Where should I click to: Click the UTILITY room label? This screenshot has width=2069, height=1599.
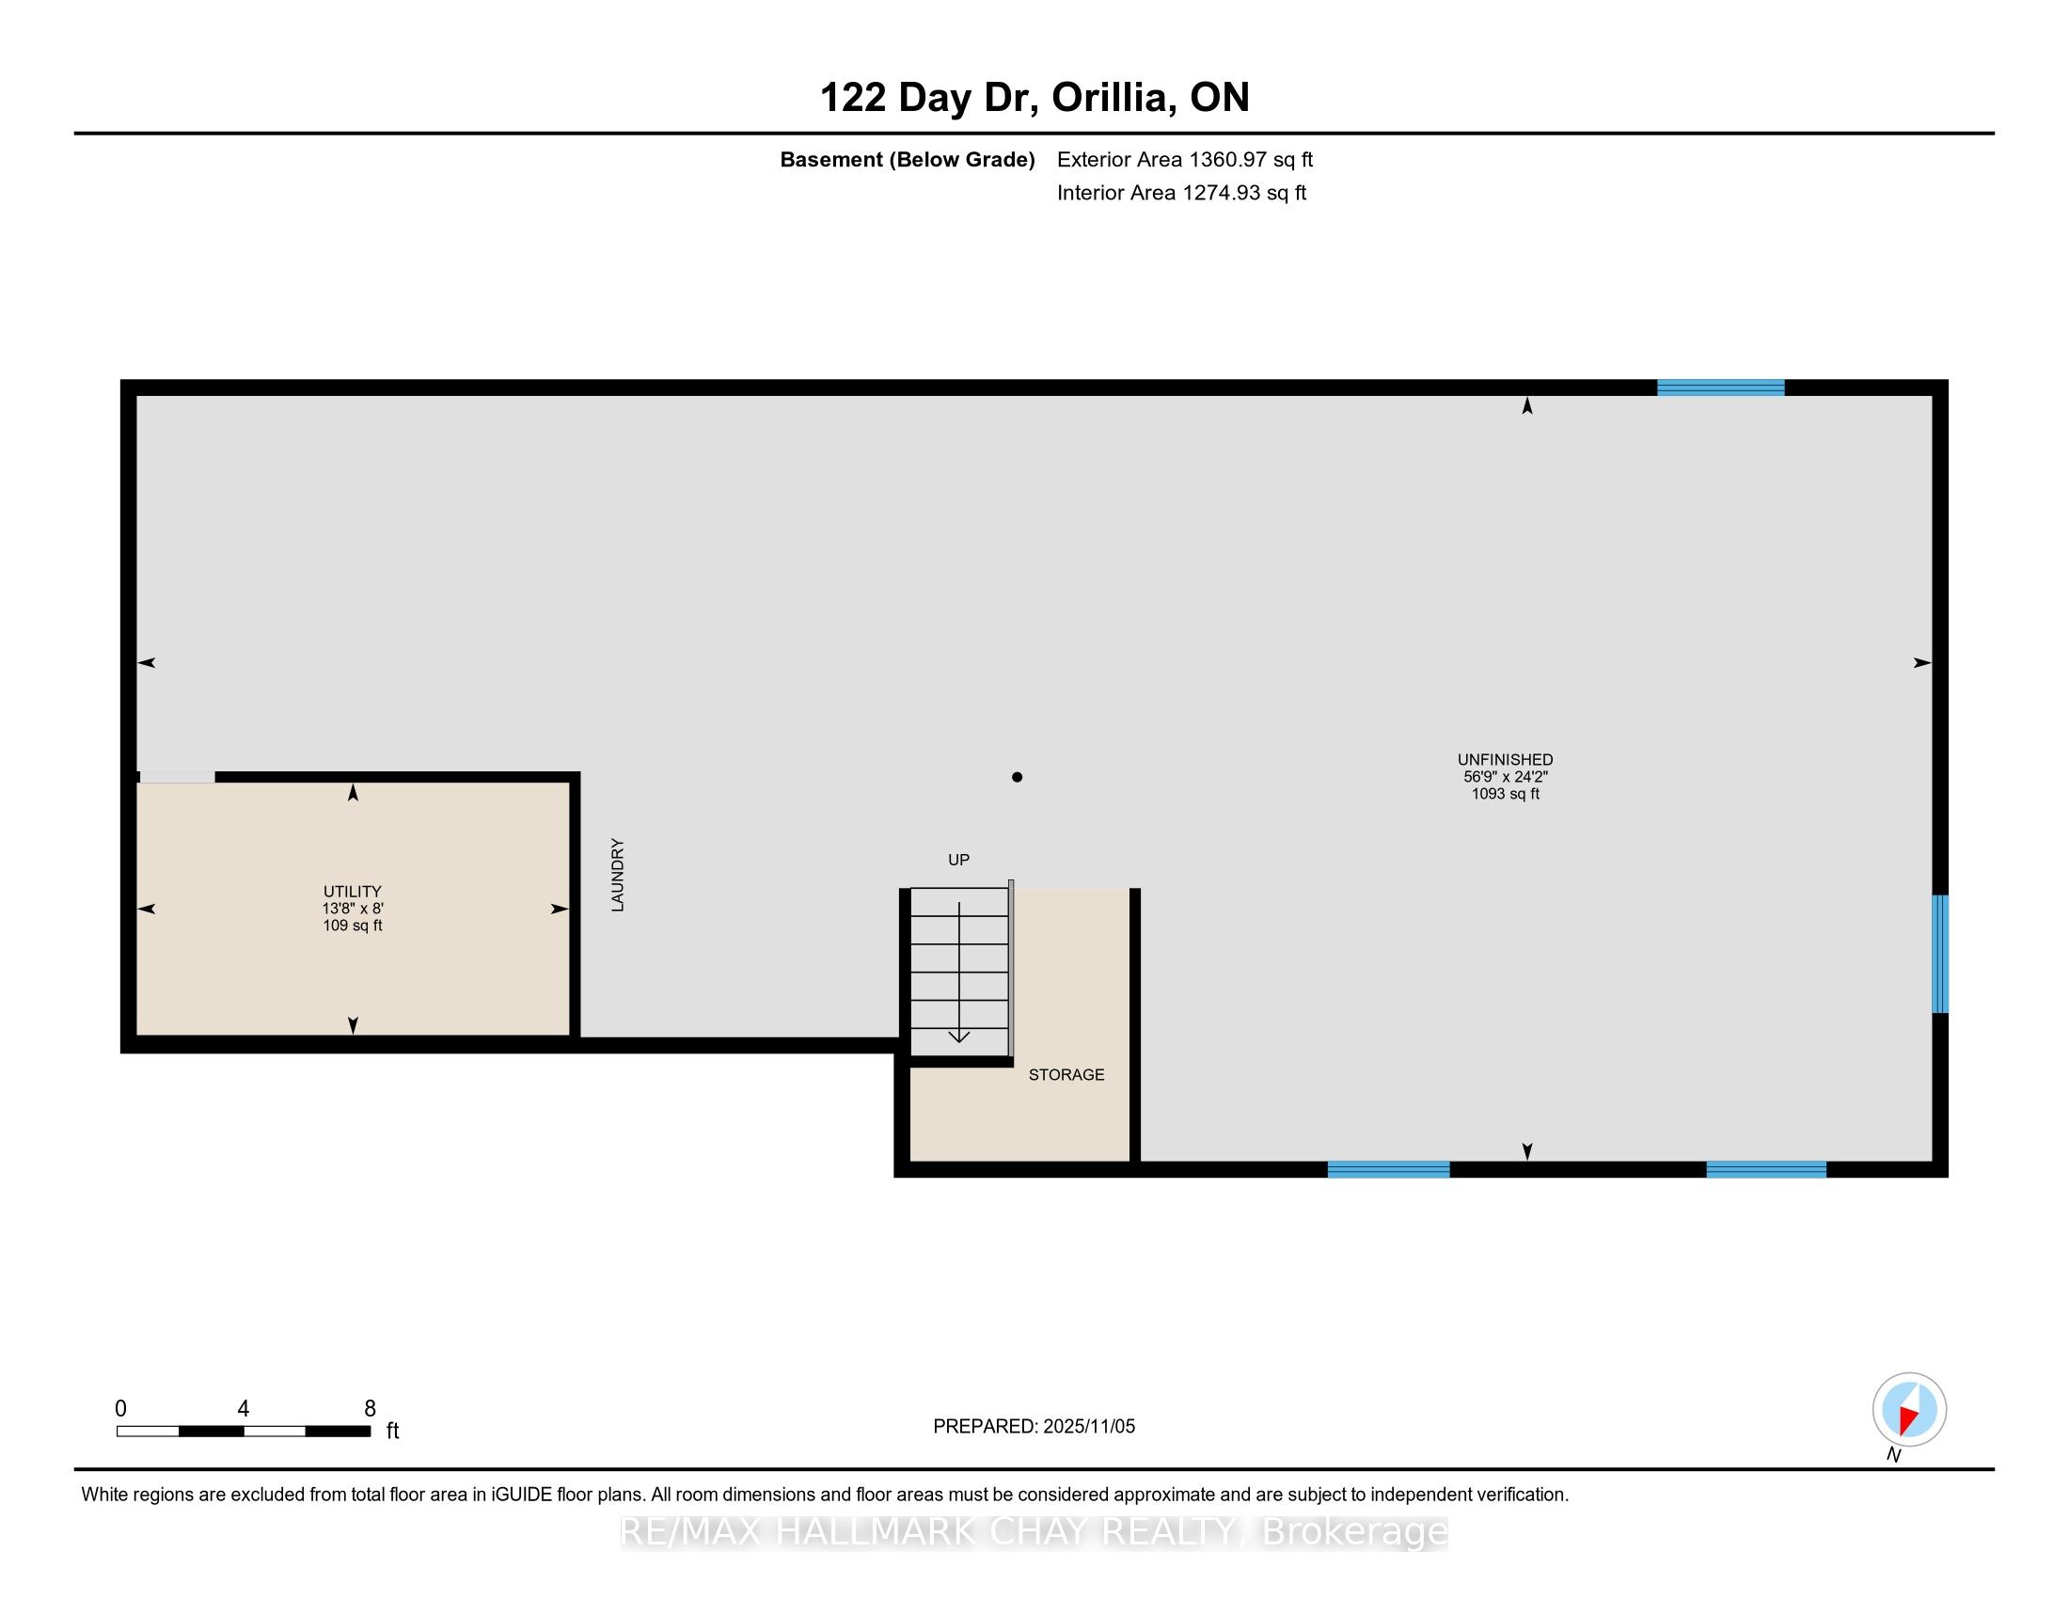click(353, 892)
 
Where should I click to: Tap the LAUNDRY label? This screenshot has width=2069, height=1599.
click(618, 876)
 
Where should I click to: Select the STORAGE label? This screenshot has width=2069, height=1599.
click(1066, 1074)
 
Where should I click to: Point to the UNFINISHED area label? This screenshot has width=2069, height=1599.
click(1506, 760)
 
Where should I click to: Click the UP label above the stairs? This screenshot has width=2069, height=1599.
click(958, 860)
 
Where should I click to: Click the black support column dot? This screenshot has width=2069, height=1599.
click(1017, 777)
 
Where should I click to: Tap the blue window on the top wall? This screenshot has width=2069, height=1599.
click(1720, 388)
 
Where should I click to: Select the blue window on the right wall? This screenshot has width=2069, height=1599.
click(1940, 954)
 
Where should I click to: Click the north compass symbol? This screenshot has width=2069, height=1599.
click(1909, 1410)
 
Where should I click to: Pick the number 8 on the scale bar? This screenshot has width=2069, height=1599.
click(371, 1409)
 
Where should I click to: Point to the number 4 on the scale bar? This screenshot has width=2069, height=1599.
click(244, 1409)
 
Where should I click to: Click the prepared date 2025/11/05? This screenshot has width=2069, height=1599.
click(1088, 1427)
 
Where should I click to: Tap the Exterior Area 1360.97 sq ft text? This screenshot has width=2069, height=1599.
click(1185, 159)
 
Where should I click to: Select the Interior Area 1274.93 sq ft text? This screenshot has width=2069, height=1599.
click(1181, 192)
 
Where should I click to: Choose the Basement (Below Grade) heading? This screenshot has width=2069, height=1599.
click(907, 159)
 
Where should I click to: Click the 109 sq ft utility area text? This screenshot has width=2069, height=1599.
click(353, 926)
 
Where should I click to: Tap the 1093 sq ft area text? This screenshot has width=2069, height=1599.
click(1506, 794)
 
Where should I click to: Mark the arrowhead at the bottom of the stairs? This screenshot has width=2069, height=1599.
click(958, 1037)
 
